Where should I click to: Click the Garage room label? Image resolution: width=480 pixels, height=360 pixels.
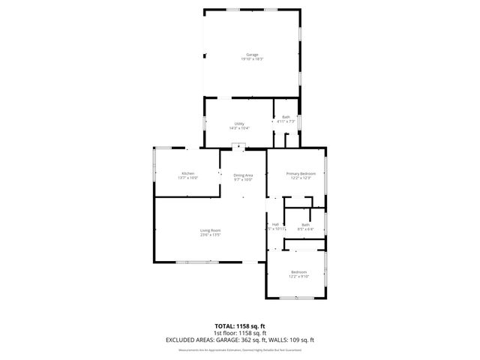click(x=253, y=55)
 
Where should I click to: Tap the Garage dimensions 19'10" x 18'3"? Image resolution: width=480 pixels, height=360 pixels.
click(x=253, y=60)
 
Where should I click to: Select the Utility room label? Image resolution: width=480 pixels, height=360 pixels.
click(x=239, y=124)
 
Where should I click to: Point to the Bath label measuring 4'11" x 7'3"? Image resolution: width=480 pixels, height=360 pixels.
click(x=286, y=117)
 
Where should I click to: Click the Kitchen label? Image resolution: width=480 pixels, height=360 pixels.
click(x=187, y=173)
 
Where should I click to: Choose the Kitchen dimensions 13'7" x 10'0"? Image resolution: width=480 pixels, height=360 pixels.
click(x=187, y=178)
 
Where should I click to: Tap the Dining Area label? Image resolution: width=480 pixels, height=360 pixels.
click(x=243, y=175)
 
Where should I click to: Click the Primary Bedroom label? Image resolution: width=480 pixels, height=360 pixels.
click(x=301, y=173)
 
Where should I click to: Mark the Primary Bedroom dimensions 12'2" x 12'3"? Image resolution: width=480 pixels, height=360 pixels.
click(x=301, y=178)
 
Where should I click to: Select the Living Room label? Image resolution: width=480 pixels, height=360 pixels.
click(x=210, y=230)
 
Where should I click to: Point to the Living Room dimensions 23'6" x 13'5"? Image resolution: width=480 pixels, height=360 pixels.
click(x=210, y=235)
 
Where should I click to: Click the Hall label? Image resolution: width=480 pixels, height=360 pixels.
click(x=275, y=224)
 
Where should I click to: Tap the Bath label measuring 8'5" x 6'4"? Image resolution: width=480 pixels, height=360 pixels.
click(x=306, y=224)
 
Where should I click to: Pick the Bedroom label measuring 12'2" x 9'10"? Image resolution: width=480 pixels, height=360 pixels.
click(x=299, y=271)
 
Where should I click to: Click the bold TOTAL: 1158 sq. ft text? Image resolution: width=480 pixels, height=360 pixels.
click(x=240, y=326)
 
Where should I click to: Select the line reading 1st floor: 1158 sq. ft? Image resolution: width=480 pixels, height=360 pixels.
click(x=240, y=333)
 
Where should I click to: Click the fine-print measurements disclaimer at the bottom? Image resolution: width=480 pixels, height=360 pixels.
click(x=240, y=349)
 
